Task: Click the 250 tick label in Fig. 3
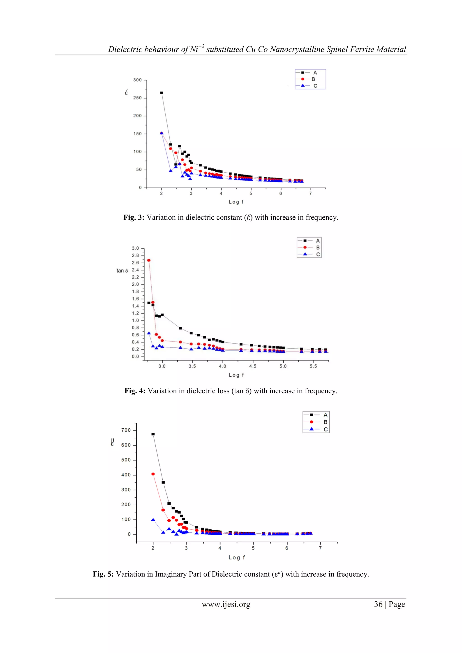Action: click(137, 98)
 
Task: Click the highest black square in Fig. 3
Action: click(162, 93)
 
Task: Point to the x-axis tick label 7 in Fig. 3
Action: click(310, 194)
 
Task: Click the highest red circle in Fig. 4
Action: click(148, 260)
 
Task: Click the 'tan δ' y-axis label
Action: click(122, 271)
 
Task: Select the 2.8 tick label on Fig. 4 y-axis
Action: click(135, 256)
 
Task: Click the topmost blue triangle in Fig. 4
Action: click(149, 333)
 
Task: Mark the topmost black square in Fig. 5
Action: click(153, 434)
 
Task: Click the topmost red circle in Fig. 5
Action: click(153, 474)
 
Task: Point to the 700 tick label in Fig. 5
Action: click(126, 430)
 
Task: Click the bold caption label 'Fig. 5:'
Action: click(103, 574)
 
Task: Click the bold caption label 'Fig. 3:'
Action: click(134, 218)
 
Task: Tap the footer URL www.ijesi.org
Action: click(226, 604)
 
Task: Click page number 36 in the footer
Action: click(378, 604)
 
